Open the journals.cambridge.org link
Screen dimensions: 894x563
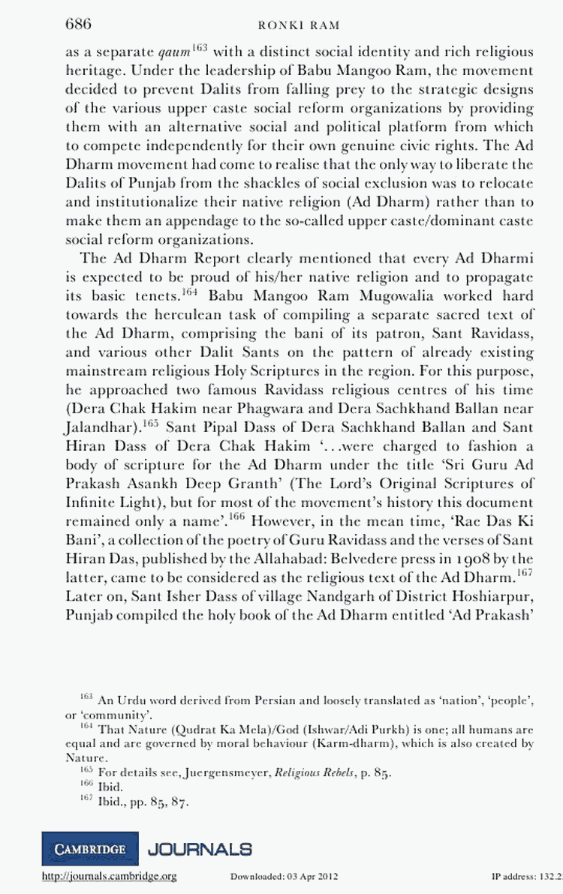[109, 876]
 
